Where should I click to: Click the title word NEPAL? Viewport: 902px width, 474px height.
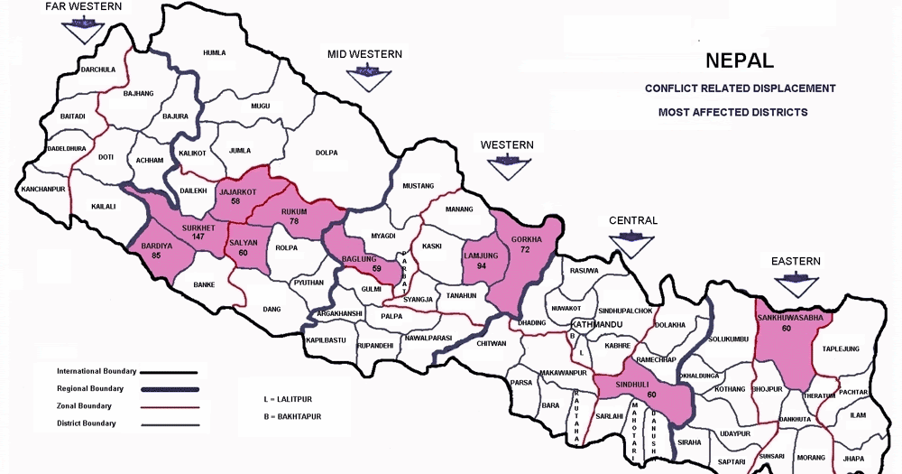[x=739, y=61]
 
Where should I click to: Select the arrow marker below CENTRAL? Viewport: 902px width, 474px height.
[x=632, y=244]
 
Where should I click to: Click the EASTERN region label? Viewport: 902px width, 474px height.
[x=796, y=262]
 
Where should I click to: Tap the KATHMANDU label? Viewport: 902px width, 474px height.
[x=596, y=323]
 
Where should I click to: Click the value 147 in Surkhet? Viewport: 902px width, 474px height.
[x=198, y=237]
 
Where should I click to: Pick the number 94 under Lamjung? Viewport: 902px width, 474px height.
[x=482, y=265]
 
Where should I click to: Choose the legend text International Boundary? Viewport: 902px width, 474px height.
[x=96, y=371]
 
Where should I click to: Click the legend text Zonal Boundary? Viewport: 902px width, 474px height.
[x=83, y=405]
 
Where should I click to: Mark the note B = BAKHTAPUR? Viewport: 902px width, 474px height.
[x=294, y=416]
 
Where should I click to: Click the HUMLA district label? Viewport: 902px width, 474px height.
[x=215, y=53]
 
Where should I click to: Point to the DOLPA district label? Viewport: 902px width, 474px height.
[x=327, y=153]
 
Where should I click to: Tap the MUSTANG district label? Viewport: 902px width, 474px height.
[x=418, y=186]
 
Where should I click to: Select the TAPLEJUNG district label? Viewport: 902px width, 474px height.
[x=841, y=349]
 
